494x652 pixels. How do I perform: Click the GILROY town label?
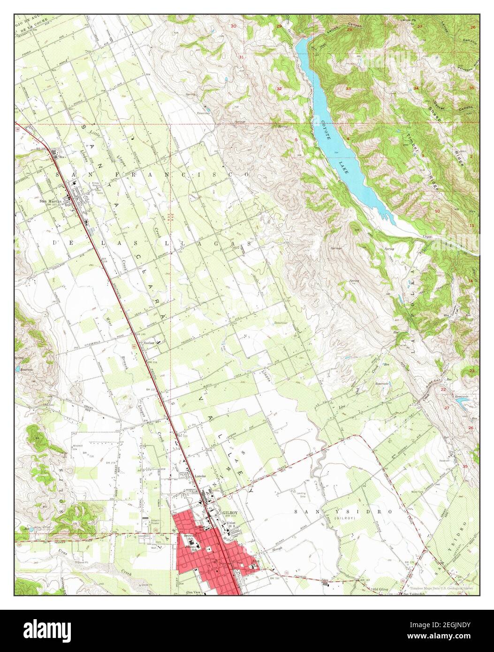point(230,513)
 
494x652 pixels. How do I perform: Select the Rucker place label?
point(149,343)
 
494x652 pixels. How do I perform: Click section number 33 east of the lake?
point(348,88)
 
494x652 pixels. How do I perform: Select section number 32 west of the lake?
point(279,88)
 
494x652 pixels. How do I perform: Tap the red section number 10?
point(437,211)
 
